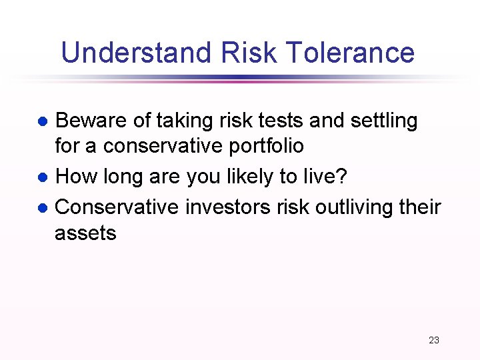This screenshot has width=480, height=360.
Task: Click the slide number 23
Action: click(434, 340)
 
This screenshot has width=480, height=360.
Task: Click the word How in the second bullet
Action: click(75, 177)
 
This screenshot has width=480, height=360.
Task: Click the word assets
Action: click(85, 233)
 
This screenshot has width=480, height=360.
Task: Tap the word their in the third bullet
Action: click(421, 207)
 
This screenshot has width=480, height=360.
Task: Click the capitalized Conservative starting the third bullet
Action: click(117, 207)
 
